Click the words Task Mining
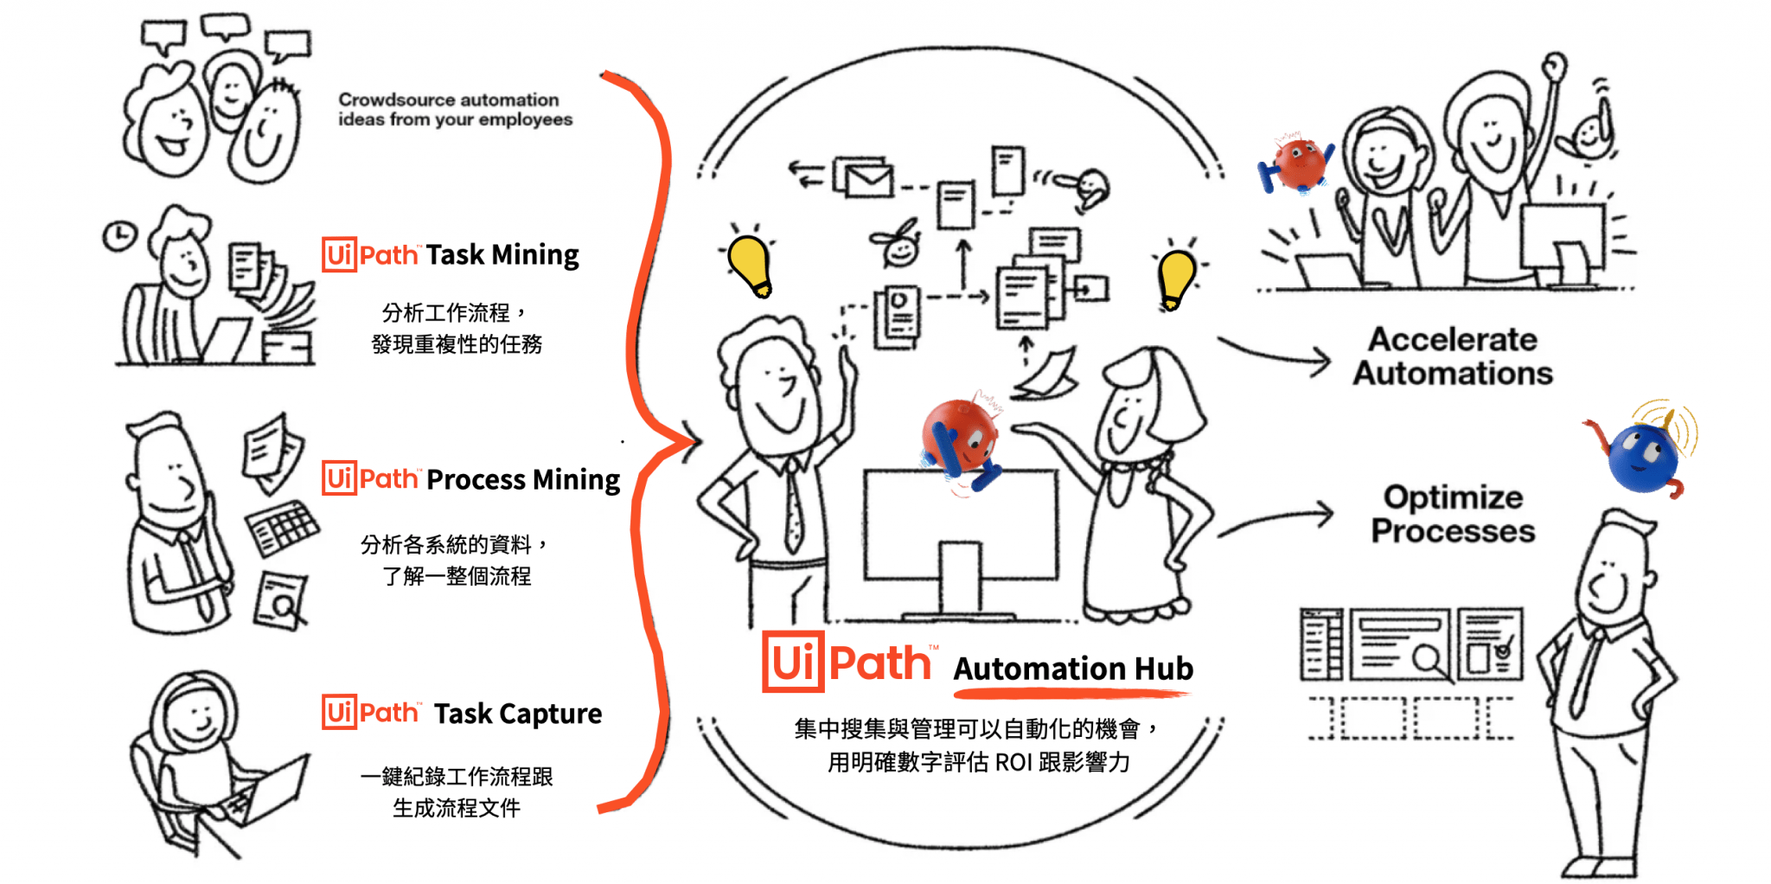(x=502, y=255)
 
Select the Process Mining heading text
(x=522, y=479)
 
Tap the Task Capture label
(x=517, y=714)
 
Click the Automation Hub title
(x=1072, y=669)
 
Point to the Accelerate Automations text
(x=1453, y=356)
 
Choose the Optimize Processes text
(x=1453, y=514)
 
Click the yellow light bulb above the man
(x=750, y=264)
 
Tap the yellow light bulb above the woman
(x=1176, y=277)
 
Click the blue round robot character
(x=1641, y=456)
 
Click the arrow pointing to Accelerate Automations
(x=1276, y=355)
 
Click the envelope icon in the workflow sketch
(x=866, y=179)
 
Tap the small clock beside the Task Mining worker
(x=119, y=235)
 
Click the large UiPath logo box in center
(x=792, y=663)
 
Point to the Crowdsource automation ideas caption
(x=455, y=110)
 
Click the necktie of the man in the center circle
(x=793, y=510)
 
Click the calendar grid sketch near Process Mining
(x=282, y=528)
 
